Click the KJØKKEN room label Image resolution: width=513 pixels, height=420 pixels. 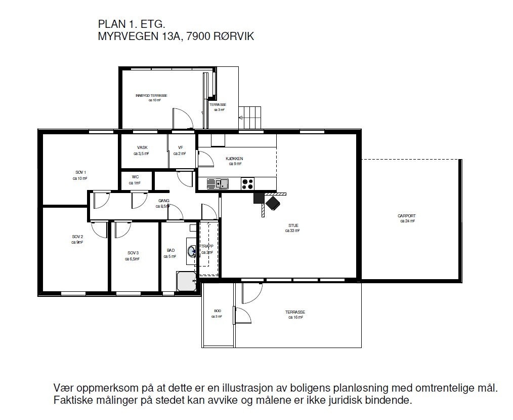click(x=234, y=159)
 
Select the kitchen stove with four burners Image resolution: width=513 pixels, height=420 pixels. click(x=247, y=184)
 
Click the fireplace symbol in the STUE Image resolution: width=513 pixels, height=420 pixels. click(x=273, y=203)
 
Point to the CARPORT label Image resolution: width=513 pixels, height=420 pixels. click(x=406, y=216)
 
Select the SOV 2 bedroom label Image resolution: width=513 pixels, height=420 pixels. click(x=77, y=237)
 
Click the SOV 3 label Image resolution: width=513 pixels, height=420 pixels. click(x=133, y=253)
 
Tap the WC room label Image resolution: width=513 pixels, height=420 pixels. click(x=135, y=177)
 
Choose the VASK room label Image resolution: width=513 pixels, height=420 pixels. click(x=142, y=147)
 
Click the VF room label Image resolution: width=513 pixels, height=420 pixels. click(x=181, y=147)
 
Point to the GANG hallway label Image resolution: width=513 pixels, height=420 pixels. click(x=163, y=201)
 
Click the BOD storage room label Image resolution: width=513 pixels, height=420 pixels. click(x=217, y=311)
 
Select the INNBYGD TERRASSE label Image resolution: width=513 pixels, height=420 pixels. click(x=151, y=95)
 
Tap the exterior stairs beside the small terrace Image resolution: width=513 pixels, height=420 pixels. click(x=251, y=118)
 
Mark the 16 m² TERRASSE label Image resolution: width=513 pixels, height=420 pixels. click(x=295, y=312)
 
